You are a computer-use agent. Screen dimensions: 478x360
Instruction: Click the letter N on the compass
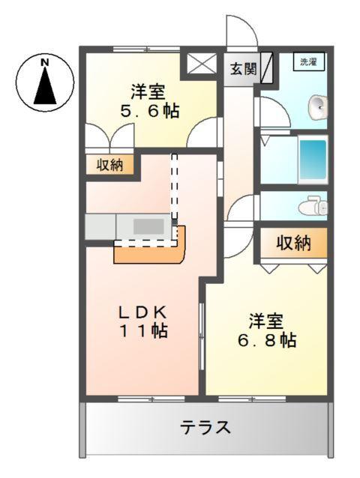pos(44,62)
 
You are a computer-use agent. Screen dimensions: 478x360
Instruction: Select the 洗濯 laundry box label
pos(308,62)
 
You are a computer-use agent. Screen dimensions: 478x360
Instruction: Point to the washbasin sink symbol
pos(319,106)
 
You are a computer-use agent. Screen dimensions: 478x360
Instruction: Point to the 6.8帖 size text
pos(266,341)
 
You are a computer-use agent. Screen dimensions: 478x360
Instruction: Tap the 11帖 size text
pos(144,330)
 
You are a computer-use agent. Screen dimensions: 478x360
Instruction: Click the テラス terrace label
pos(205,428)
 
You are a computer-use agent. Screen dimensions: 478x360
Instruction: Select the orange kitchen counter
pos(150,252)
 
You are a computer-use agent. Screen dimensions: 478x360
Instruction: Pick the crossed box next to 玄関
pos(201,64)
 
